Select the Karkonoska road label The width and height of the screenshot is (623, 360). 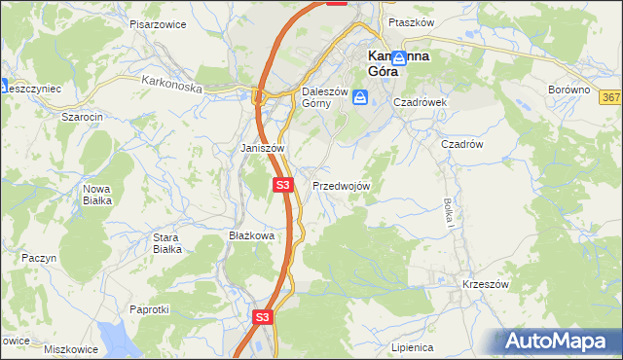170,85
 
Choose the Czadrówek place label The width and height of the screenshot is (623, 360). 419,101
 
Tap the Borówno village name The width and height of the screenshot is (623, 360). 569,89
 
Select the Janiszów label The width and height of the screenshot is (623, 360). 262,148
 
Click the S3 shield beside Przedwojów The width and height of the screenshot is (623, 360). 282,184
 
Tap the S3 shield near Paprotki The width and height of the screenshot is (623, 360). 262,317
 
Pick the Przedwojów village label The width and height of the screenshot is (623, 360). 341,185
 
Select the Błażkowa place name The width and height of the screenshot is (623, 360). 252,234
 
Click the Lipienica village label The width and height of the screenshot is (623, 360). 411,346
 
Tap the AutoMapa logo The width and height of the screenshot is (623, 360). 560,342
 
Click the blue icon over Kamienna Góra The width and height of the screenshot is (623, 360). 399,58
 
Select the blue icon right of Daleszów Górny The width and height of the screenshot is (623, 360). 360,97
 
